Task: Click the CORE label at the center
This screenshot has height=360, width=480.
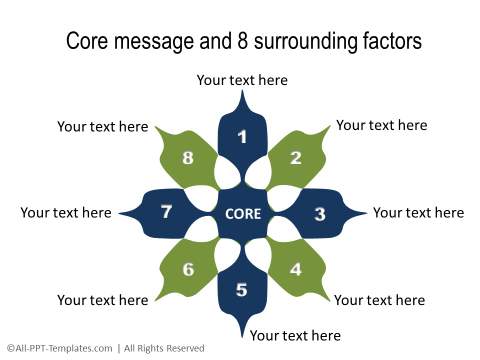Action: [243, 214]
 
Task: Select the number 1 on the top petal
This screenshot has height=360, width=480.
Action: [242, 137]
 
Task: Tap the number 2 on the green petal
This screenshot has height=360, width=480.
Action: [295, 158]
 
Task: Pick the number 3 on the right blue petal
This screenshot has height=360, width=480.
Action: [319, 214]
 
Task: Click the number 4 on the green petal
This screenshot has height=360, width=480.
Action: [295, 269]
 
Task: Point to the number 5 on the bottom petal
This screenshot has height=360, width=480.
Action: [242, 290]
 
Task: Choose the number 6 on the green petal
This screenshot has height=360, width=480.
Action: [187, 269]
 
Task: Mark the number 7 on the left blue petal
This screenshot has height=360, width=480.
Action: [166, 211]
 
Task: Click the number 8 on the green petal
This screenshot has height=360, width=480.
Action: [187, 158]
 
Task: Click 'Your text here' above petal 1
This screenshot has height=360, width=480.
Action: [242, 80]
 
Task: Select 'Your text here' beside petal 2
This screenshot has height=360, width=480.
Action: [381, 125]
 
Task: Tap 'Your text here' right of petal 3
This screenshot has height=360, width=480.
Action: [418, 212]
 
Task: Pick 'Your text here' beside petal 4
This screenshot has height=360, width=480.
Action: [379, 300]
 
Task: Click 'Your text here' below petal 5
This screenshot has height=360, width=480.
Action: [295, 335]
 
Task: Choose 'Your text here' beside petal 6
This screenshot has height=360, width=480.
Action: [102, 300]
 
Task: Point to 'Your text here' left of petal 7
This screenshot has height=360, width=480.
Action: [66, 212]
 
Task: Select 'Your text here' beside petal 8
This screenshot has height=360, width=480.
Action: [102, 127]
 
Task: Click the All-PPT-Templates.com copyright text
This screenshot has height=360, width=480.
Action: [105, 348]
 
